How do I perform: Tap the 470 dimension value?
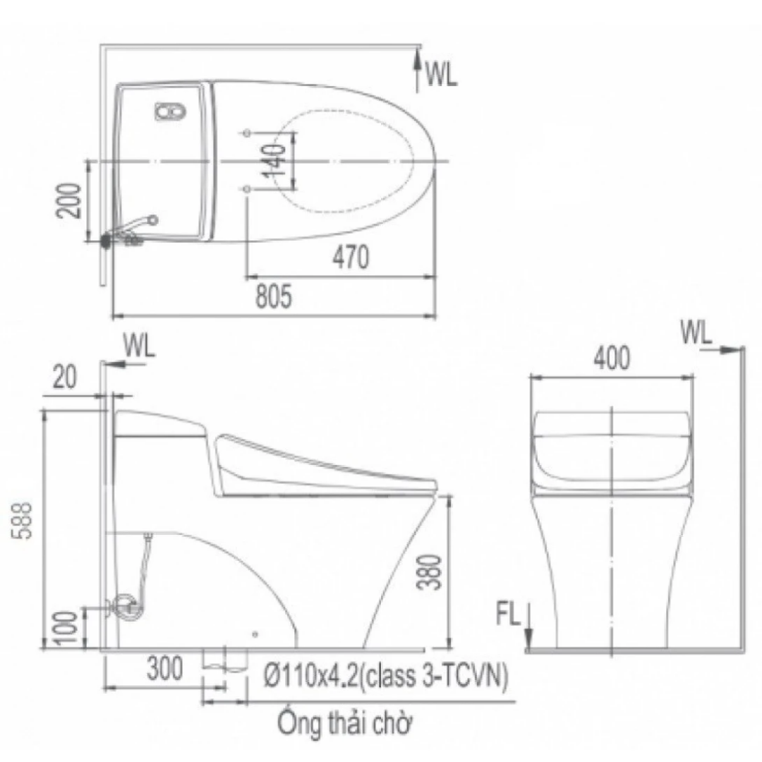point(351,257)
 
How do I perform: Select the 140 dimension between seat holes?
point(275,160)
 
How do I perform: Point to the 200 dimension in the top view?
point(68,200)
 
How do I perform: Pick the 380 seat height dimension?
point(430,572)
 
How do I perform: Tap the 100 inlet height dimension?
point(65,627)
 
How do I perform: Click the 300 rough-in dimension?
point(165,669)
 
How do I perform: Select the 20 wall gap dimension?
point(65,377)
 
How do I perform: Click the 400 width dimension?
point(612,358)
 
